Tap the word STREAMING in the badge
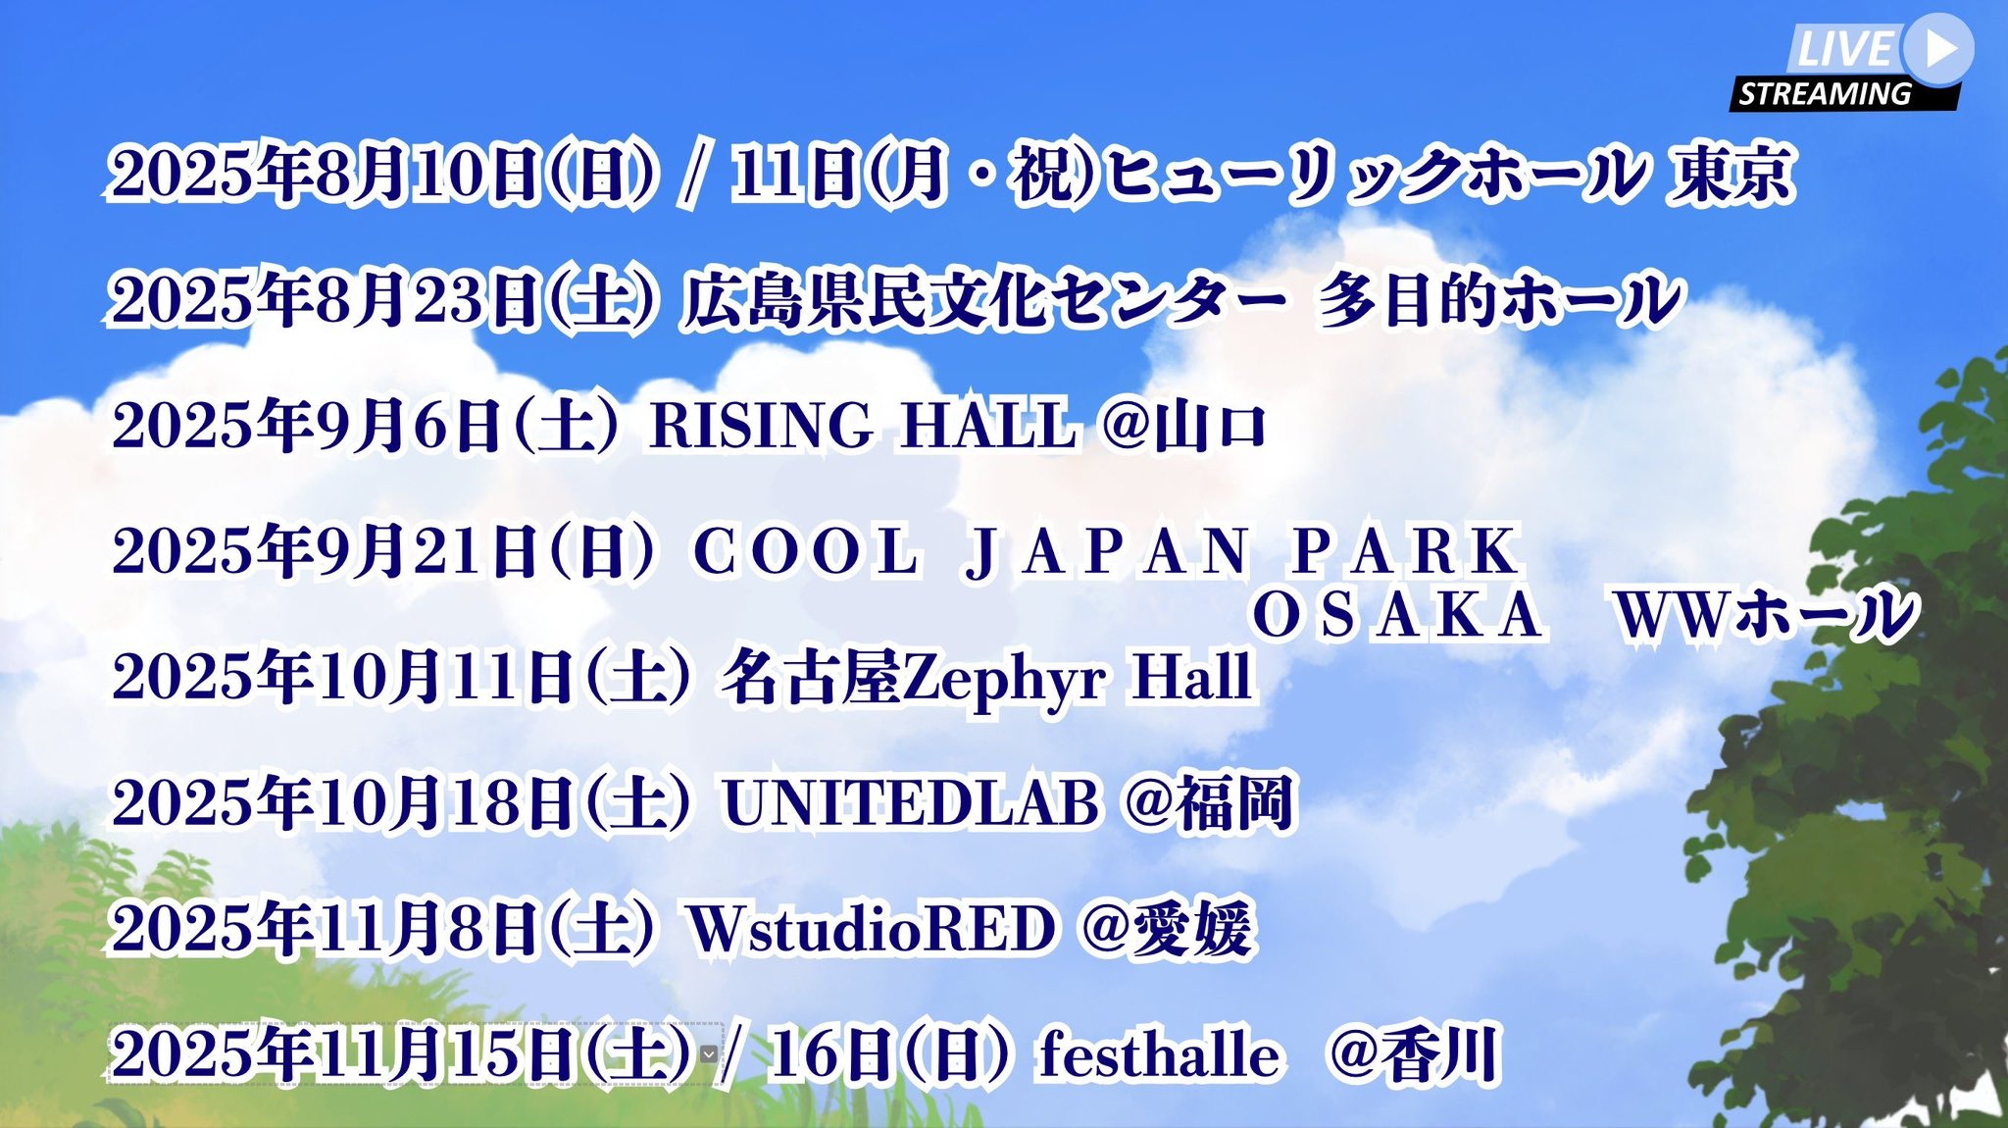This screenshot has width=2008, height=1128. pyautogui.click(x=1825, y=94)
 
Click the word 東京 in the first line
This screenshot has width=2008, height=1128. pyautogui.click(x=1732, y=175)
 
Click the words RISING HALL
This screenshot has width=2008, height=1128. pyautogui.click(x=863, y=426)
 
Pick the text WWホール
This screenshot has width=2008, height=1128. pyautogui.click(x=1765, y=616)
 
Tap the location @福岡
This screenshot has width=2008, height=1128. pyautogui.click(x=1210, y=802)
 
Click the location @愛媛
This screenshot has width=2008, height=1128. pyautogui.click(x=1167, y=928)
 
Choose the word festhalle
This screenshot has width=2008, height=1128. pyautogui.click(x=1160, y=1054)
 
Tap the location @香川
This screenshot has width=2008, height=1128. pyautogui.click(x=1413, y=1054)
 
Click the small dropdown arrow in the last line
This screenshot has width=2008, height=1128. pyautogui.click(x=708, y=1054)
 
